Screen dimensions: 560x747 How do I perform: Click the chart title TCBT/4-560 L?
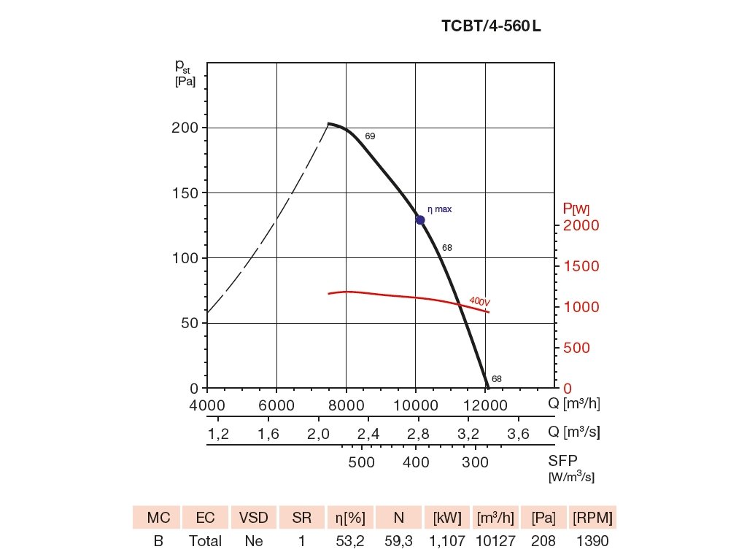click(x=491, y=27)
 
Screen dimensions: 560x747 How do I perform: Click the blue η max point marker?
click(x=420, y=220)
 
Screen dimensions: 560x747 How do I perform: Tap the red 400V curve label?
click(x=479, y=301)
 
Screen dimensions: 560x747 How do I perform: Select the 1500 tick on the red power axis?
click(x=581, y=266)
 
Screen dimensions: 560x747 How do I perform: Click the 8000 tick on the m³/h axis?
click(x=346, y=403)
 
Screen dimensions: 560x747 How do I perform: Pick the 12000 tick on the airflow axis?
click(x=486, y=403)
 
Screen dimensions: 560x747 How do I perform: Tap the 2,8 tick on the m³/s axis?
click(x=418, y=435)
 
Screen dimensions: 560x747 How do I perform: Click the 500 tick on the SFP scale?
click(x=361, y=462)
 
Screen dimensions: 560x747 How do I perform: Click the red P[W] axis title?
click(x=576, y=209)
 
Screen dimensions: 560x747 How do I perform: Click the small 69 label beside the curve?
click(x=370, y=136)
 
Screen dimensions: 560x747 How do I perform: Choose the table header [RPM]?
click(x=592, y=518)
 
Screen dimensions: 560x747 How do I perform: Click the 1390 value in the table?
click(x=592, y=542)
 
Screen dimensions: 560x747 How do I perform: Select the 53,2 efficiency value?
click(x=349, y=542)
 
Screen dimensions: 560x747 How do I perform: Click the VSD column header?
click(x=254, y=518)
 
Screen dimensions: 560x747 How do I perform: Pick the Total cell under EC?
click(x=206, y=542)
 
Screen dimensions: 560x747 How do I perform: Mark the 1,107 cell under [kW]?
click(x=446, y=542)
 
